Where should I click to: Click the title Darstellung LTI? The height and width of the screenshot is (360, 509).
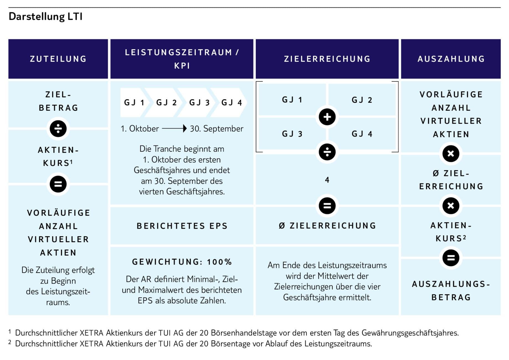(46, 17)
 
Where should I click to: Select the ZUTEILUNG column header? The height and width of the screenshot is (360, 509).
(58, 59)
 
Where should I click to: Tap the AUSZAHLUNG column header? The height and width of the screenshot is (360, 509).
(451, 59)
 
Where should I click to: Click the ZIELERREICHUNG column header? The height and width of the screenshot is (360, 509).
(327, 59)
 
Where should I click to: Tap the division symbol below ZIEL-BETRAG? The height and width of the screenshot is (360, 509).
(58, 128)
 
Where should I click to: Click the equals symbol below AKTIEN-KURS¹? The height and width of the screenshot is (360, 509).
(58, 184)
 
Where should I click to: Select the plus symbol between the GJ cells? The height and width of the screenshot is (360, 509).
(327, 117)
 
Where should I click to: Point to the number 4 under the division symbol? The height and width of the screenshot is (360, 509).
(327, 180)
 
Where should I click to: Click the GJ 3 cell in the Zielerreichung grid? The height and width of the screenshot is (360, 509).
(292, 134)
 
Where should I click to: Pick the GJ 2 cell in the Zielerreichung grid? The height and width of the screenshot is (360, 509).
(362, 100)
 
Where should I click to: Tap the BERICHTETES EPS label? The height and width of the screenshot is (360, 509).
(182, 226)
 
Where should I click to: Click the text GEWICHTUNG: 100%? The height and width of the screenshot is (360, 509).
(182, 262)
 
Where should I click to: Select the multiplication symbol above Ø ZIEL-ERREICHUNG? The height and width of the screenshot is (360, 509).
(451, 153)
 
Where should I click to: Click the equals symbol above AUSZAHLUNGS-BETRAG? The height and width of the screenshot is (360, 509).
(451, 258)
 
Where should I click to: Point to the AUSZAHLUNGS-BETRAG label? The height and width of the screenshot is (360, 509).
(451, 291)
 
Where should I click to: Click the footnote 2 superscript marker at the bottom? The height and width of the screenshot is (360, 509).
(10, 343)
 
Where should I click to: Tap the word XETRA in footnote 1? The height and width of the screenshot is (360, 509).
(92, 333)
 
